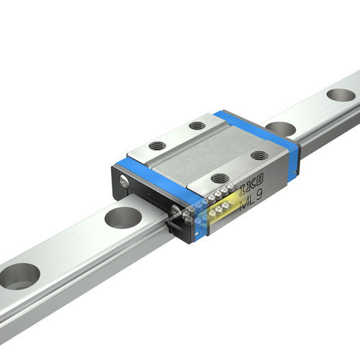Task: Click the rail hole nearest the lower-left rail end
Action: tap(19, 276)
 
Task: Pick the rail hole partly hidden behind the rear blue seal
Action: tap(282, 129)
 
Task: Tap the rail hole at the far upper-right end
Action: tap(341, 94)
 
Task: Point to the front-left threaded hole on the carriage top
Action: tap(157, 146)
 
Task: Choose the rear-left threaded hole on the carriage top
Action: tap(197, 126)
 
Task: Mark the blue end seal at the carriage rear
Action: tap(259, 130)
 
